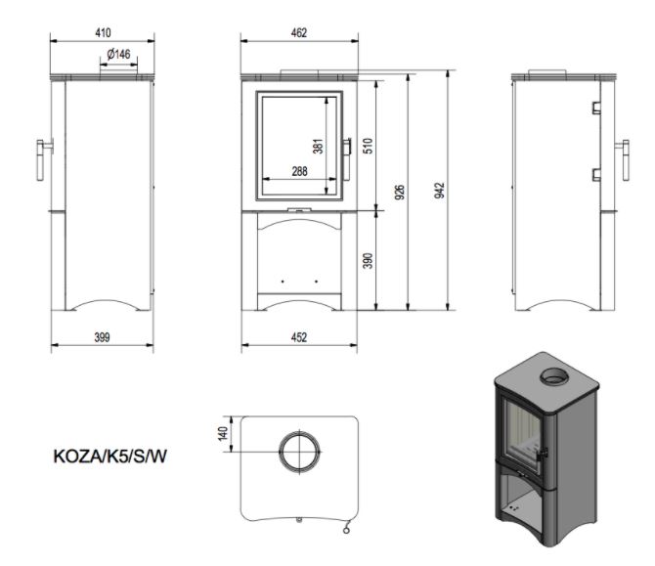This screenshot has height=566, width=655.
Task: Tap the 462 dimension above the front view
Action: point(299,32)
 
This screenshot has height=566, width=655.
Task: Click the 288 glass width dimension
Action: point(299,171)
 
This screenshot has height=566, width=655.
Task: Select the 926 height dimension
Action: point(400,192)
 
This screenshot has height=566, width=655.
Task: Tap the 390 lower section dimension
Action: point(369,261)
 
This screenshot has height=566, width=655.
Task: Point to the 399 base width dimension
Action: point(102,337)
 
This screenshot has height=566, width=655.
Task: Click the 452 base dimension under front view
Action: point(299,337)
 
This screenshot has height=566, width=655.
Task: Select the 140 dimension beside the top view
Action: point(222,434)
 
